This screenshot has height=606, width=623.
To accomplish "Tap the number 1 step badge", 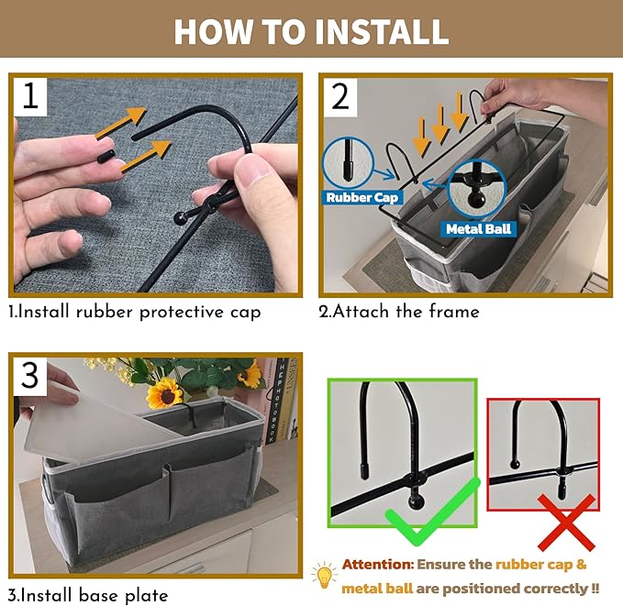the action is [30, 97].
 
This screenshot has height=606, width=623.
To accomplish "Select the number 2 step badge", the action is [340, 98].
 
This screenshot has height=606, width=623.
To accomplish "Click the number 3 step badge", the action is [30, 377].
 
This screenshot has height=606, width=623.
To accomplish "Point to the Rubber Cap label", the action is [362, 197].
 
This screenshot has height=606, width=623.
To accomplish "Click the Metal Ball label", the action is [478, 228].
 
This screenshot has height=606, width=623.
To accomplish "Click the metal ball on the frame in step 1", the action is [180, 218].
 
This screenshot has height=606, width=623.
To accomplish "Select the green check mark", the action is [433, 511].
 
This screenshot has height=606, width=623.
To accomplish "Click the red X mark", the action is [566, 523].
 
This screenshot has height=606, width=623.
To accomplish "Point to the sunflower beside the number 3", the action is [165, 393].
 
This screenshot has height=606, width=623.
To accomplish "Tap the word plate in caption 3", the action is [146, 596].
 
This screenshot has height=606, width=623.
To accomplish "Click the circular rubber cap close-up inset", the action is [348, 161].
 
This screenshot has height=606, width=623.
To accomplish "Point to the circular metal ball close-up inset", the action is [476, 189].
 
